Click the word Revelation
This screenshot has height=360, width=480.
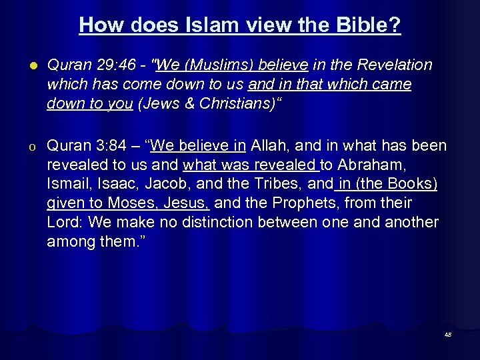pos(395,65)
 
